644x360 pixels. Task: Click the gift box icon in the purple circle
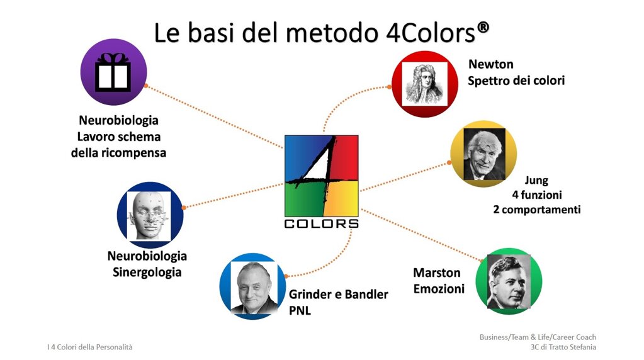click(113, 72)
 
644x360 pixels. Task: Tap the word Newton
click(491, 64)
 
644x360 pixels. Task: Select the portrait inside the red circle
click(425, 84)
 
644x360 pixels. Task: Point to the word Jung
click(536, 181)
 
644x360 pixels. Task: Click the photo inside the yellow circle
click(484, 154)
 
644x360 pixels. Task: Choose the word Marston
click(437, 273)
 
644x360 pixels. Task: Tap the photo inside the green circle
click(509, 281)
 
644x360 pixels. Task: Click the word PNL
click(300, 311)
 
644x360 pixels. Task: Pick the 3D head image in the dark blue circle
click(149, 216)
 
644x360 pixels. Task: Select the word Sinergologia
click(147, 273)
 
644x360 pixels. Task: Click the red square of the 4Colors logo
click(343, 158)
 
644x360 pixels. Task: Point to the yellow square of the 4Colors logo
click(342, 199)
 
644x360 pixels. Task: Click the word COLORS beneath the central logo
click(321, 223)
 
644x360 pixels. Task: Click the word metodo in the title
click(332, 33)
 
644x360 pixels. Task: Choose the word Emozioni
click(439, 289)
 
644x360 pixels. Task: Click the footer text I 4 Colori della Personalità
click(90, 347)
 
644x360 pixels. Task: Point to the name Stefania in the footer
click(582, 347)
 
